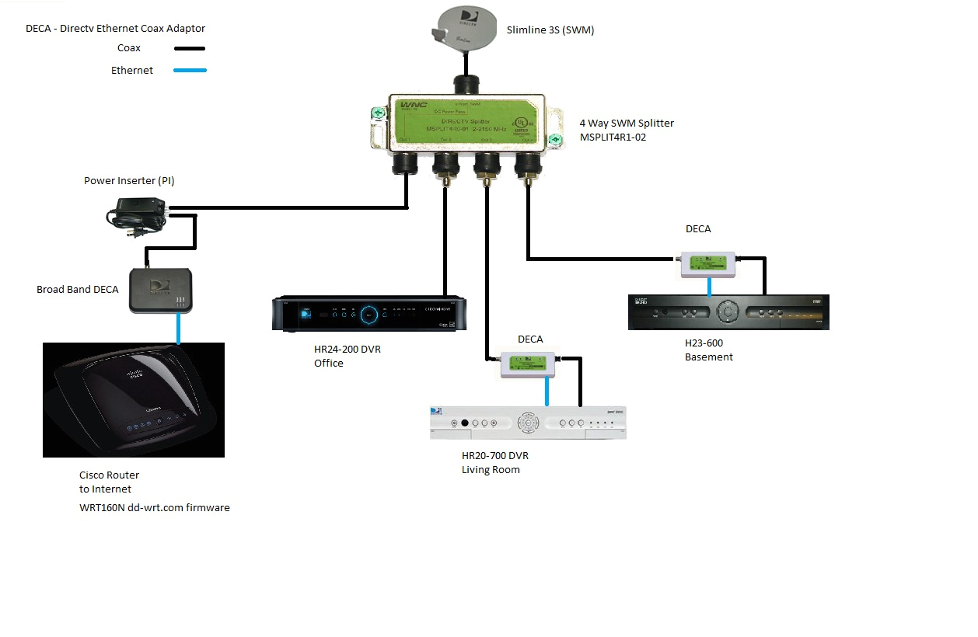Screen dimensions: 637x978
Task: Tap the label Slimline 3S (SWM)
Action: click(x=550, y=30)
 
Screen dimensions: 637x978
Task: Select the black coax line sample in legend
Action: click(x=190, y=48)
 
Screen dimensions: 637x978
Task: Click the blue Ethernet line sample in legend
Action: click(x=190, y=71)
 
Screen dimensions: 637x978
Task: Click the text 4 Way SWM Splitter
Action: click(x=627, y=123)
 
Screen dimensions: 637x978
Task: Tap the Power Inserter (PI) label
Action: click(x=129, y=181)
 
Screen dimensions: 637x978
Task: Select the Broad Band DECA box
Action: click(x=160, y=290)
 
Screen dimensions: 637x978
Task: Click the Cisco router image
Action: click(x=134, y=400)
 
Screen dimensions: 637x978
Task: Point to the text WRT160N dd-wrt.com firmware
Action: click(x=154, y=507)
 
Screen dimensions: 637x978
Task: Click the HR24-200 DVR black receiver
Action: click(x=369, y=313)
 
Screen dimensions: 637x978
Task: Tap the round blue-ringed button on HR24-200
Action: click(x=369, y=315)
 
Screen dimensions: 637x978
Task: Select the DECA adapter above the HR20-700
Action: click(x=527, y=364)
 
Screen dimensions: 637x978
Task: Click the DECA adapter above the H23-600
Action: click(x=707, y=264)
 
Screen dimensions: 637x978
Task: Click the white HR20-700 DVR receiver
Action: click(x=528, y=423)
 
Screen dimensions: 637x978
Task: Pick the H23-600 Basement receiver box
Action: click(x=728, y=312)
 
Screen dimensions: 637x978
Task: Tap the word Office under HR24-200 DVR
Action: click(x=328, y=363)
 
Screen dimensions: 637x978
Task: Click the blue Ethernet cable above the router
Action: click(x=179, y=328)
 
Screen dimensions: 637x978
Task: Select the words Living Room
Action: click(x=491, y=469)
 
